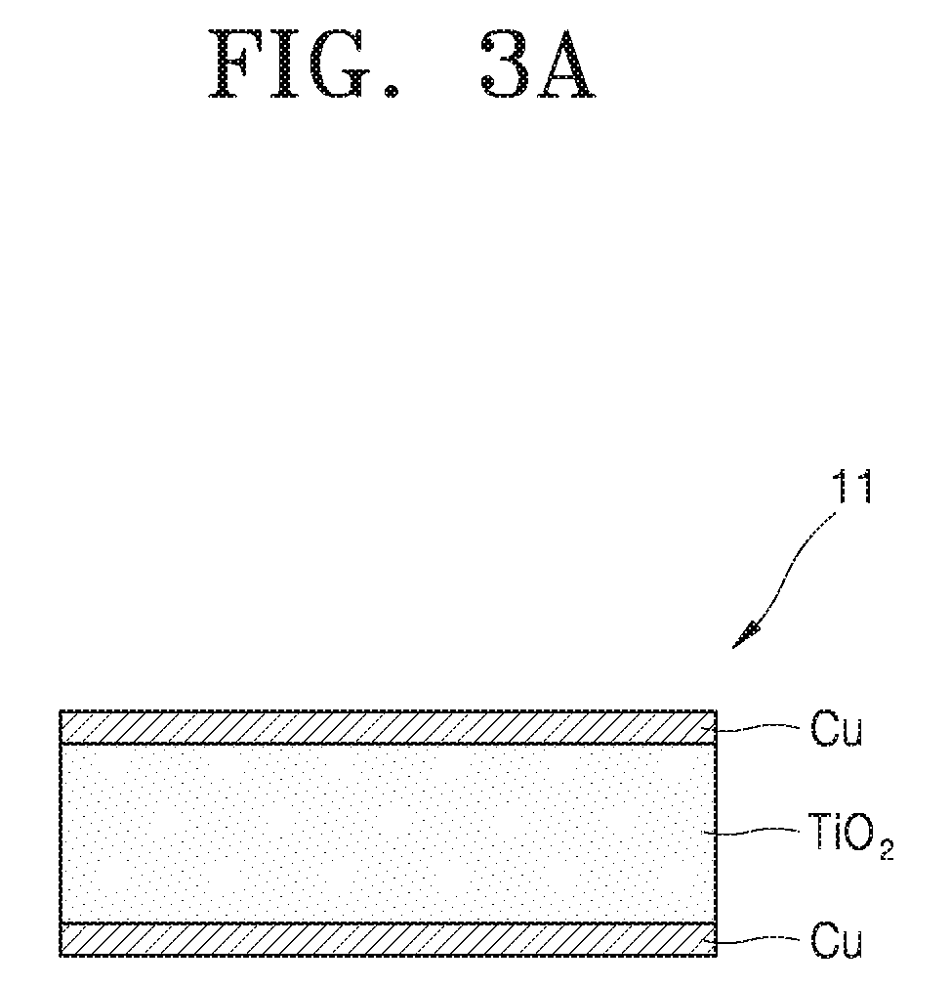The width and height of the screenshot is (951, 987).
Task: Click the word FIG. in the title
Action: [305, 64]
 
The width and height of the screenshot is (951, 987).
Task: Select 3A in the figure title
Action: [538, 64]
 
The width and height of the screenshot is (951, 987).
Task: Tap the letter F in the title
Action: [236, 64]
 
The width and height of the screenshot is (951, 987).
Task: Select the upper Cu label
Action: [836, 728]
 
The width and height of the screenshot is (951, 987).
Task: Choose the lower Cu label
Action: [836, 940]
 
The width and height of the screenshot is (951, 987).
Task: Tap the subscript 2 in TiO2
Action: [887, 851]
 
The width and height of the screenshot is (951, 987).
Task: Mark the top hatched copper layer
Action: [388, 727]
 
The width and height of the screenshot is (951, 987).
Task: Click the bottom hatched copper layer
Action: [388, 939]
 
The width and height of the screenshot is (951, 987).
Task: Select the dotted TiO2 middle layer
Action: [388, 834]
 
